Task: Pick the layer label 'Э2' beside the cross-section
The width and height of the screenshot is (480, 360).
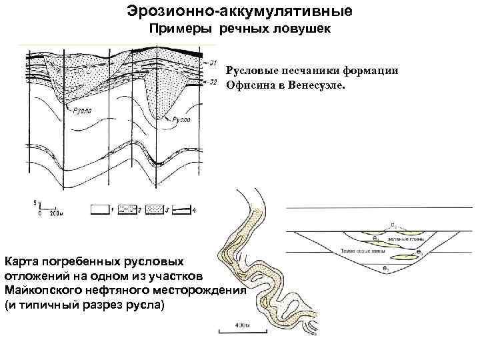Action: [214, 81]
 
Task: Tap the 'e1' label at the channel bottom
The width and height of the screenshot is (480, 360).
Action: [386, 268]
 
